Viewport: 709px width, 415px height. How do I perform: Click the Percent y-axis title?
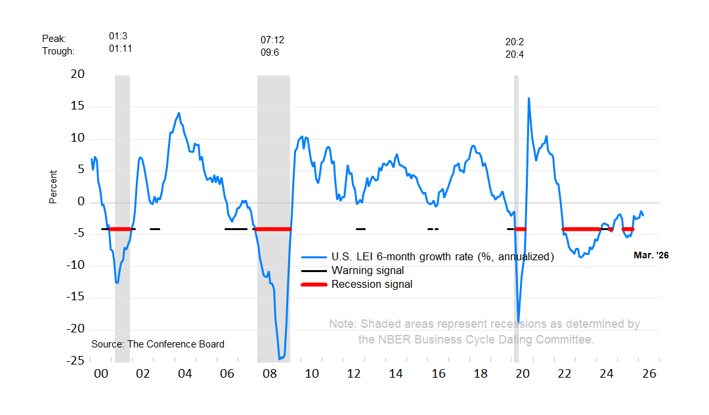pos(53,187)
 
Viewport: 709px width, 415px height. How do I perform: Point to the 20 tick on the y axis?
pos(77,74)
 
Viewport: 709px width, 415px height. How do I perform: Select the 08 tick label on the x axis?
pos(269,374)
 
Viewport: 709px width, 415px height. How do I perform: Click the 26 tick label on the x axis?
pos(649,374)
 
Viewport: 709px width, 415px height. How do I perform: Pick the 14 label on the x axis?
pos(396,374)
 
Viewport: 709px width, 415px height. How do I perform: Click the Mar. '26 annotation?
pos(651,256)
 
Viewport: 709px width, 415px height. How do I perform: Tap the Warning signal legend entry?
pos(368,270)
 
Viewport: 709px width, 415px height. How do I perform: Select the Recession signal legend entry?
pos(372,284)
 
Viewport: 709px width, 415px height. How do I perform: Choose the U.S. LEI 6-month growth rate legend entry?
pos(442,256)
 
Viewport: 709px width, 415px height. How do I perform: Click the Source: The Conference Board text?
pos(158,344)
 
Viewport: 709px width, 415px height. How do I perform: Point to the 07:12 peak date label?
pos(272,40)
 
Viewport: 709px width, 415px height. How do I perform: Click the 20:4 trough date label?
pos(515,54)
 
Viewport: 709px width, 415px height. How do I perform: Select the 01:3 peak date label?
pos(118,37)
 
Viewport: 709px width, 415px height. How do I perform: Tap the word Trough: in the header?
pos(58,51)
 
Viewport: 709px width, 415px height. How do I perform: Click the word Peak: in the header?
pos(54,39)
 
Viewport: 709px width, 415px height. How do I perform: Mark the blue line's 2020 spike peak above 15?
pos(528,98)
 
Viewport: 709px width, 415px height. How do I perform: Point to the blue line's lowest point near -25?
pos(280,359)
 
